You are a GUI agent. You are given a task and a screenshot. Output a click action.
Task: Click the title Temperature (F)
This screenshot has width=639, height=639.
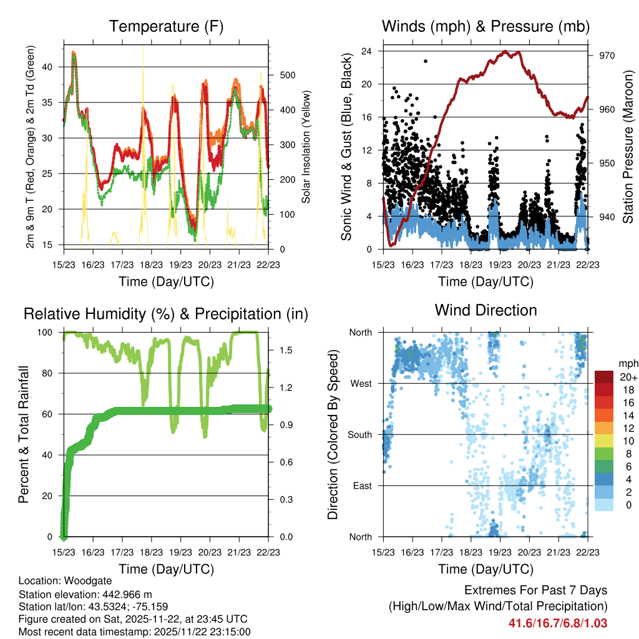click(x=166, y=26)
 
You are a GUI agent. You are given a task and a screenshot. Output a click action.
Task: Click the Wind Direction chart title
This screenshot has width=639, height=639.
click(x=485, y=310)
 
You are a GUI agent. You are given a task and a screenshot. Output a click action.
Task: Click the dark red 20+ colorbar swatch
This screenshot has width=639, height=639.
click(x=604, y=376)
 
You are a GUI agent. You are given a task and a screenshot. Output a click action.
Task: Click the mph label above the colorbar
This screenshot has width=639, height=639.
click(x=627, y=363)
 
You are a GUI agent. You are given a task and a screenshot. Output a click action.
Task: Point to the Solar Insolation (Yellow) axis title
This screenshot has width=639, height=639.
click(x=306, y=147)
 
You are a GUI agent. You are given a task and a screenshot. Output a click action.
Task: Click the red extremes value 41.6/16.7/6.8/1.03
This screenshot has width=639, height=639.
click(x=558, y=623)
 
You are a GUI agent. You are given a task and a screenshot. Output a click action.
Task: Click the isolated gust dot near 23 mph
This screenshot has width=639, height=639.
click(x=426, y=61)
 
